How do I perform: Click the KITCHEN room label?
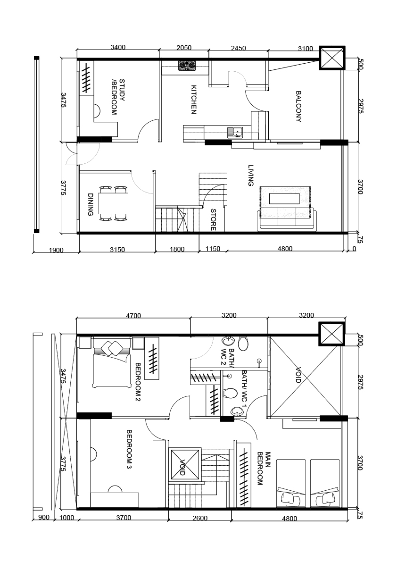point(194,99)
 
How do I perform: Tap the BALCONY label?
point(298,107)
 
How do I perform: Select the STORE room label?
point(213,219)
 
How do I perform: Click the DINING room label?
point(90,205)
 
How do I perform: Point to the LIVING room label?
point(250,175)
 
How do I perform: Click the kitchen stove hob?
point(187,66)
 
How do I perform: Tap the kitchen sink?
point(235,133)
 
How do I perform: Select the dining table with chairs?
point(114,202)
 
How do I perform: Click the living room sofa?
point(287,219)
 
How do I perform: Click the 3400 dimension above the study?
point(118,47)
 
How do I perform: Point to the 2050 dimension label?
point(184,48)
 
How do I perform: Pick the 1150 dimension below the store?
point(213,248)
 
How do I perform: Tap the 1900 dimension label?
point(56,250)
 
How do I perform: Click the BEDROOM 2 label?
point(138,382)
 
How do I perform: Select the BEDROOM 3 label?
point(129,449)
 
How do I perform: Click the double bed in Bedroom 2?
point(112,364)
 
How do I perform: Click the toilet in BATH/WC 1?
point(230,393)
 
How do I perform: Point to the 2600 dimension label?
point(200,518)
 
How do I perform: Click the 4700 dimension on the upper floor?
point(133,316)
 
